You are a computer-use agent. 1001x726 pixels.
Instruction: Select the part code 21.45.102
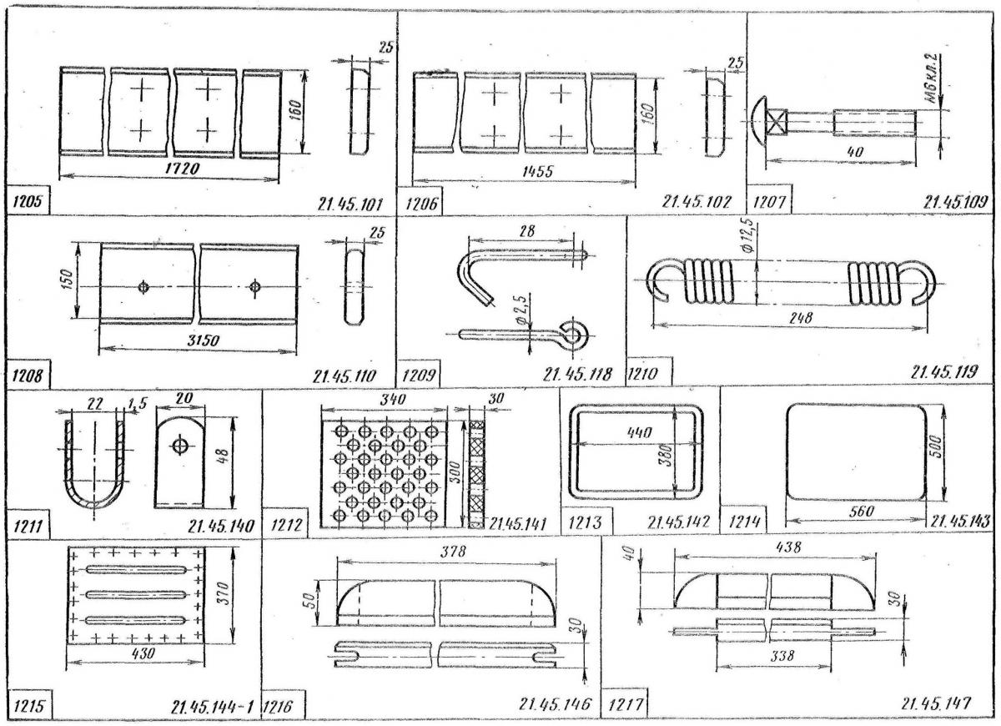click(696, 203)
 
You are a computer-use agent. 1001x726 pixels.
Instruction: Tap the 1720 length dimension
click(169, 168)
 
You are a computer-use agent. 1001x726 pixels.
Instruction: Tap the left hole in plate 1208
click(144, 287)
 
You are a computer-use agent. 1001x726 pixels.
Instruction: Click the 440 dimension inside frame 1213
click(633, 433)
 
